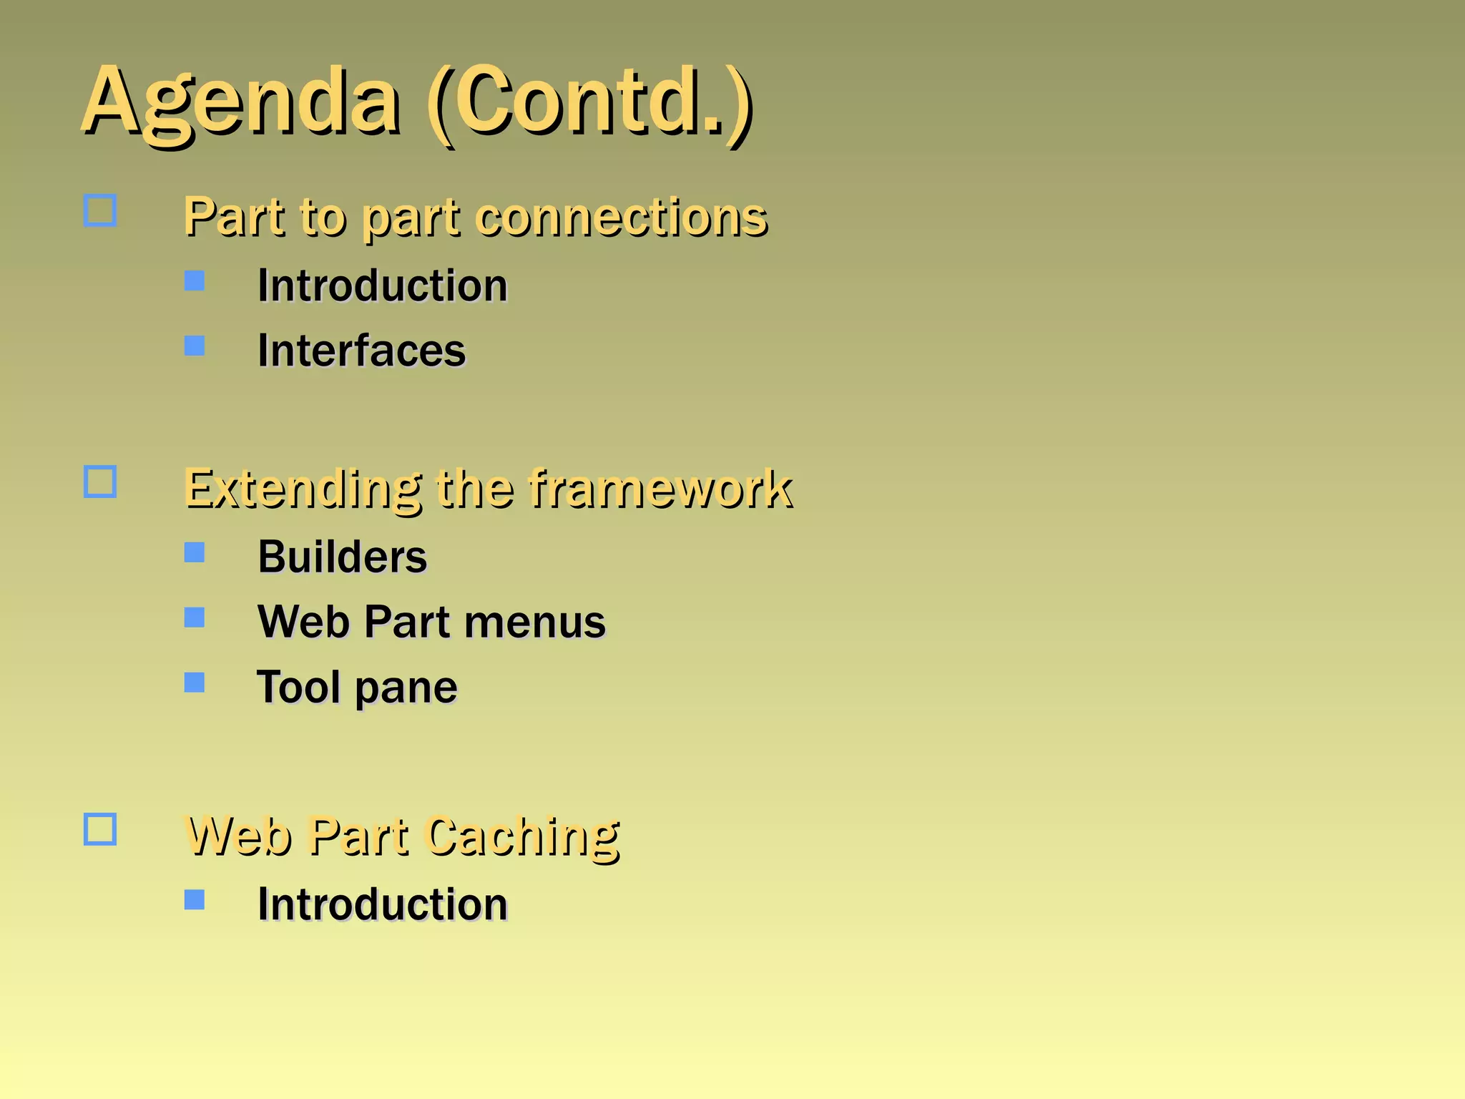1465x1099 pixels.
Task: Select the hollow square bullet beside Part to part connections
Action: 100,210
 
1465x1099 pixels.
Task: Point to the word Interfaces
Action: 361,351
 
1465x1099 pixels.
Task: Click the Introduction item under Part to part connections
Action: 382,285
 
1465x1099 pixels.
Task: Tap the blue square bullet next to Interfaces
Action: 195,346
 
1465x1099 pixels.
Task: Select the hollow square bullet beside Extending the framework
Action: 100,482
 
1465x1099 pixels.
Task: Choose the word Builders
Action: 342,557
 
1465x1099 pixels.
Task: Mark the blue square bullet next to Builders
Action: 195,552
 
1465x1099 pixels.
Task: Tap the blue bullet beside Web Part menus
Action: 195,617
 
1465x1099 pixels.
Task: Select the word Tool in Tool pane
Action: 298,687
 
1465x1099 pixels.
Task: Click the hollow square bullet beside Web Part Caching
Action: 100,829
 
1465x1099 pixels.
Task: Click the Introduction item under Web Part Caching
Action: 382,904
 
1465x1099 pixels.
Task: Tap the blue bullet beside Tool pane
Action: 195,682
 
